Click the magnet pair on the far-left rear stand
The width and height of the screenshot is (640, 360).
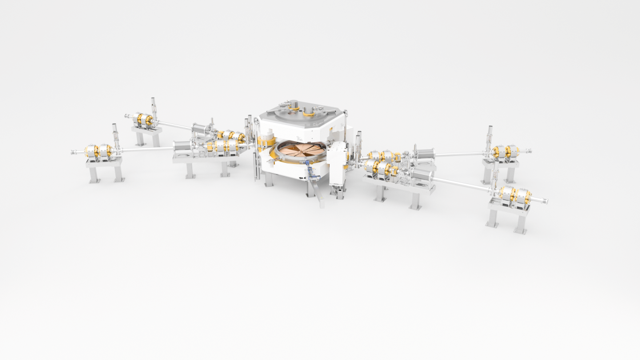click(x=145, y=119)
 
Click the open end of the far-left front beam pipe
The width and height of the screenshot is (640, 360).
click(x=74, y=153)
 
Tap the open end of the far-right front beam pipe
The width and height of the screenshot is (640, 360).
click(x=545, y=201)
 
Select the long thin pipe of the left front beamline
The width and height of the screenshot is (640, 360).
click(x=146, y=150)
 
